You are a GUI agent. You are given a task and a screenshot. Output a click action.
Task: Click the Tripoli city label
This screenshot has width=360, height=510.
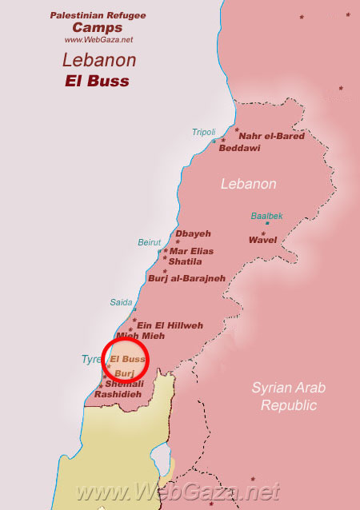(x=203, y=132)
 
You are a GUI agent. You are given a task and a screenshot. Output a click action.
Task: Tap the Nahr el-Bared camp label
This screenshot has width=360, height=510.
(x=271, y=137)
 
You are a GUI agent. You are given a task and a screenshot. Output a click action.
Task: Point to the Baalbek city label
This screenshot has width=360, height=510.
(x=266, y=216)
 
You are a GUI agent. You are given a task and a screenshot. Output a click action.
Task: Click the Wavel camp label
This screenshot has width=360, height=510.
(x=262, y=239)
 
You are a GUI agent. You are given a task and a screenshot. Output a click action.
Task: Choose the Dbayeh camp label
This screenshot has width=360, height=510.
(x=193, y=233)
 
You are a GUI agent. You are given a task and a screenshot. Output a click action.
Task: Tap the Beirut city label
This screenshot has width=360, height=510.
(x=150, y=241)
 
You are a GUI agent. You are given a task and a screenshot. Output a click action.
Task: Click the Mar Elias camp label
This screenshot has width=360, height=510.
(x=191, y=251)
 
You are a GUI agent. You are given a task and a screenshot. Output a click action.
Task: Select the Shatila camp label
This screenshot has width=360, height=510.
(x=185, y=261)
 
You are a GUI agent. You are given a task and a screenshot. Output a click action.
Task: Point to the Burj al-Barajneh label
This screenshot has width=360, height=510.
(x=186, y=278)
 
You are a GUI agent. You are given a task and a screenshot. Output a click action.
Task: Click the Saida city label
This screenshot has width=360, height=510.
(x=121, y=302)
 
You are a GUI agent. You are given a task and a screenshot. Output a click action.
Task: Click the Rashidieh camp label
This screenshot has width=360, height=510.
(x=118, y=394)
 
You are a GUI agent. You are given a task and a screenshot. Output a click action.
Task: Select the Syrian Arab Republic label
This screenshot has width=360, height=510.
(x=284, y=396)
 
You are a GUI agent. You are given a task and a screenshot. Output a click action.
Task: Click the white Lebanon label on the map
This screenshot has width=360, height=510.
(x=249, y=184)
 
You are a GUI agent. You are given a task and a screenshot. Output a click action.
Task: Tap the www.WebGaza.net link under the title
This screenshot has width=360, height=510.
(x=98, y=39)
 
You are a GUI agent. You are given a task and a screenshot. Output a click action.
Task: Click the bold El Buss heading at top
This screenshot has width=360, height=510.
(x=98, y=81)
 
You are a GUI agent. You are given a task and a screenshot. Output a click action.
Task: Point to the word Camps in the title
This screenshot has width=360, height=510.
(x=98, y=27)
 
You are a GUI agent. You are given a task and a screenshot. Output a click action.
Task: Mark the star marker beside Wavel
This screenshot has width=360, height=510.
(x=267, y=224)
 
